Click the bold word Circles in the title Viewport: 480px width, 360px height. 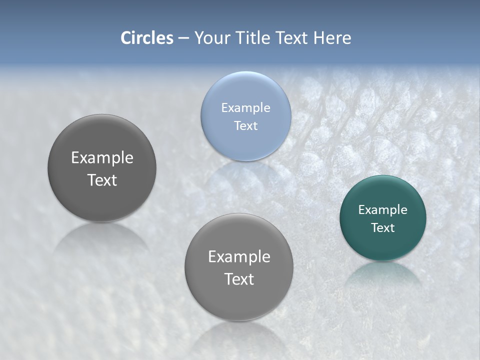click(x=147, y=38)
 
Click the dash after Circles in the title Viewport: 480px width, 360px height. click(x=183, y=38)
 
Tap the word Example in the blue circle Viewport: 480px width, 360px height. click(x=245, y=108)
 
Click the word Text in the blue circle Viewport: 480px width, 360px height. click(x=245, y=125)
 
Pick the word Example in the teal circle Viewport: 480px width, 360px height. click(x=383, y=210)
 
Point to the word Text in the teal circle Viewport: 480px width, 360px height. click(x=383, y=227)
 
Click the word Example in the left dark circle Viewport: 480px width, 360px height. click(x=102, y=158)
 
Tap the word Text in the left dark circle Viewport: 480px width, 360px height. click(x=102, y=180)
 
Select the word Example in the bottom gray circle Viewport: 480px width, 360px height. click(x=239, y=257)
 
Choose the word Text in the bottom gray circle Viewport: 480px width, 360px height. click(x=239, y=279)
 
